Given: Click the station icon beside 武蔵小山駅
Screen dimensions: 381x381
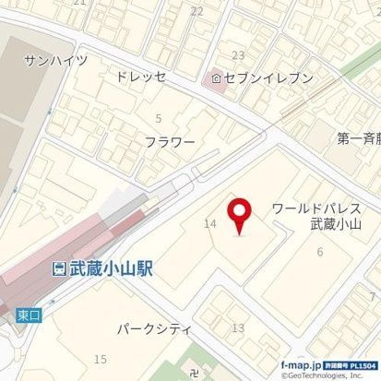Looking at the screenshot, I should (57, 268).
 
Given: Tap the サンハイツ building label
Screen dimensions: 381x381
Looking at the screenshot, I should (55, 61).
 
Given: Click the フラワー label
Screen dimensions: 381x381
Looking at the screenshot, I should (170, 142).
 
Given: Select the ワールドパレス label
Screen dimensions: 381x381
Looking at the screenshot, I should (314, 209).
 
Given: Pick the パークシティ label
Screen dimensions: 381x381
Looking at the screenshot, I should (153, 327).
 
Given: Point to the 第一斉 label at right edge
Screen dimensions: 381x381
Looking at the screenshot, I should (358, 139).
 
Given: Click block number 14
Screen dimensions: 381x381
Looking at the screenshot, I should (210, 223).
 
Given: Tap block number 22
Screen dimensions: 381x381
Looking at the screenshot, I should (196, 11).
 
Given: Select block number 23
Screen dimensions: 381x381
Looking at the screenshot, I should (238, 55).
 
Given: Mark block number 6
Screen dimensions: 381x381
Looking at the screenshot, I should (319, 252).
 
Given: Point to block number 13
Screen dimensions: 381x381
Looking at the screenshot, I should (238, 328).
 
